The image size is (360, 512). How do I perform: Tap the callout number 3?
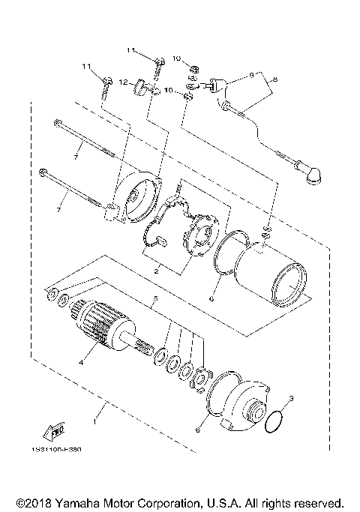[x=292, y=399]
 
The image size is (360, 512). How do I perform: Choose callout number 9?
[x=253, y=75]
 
